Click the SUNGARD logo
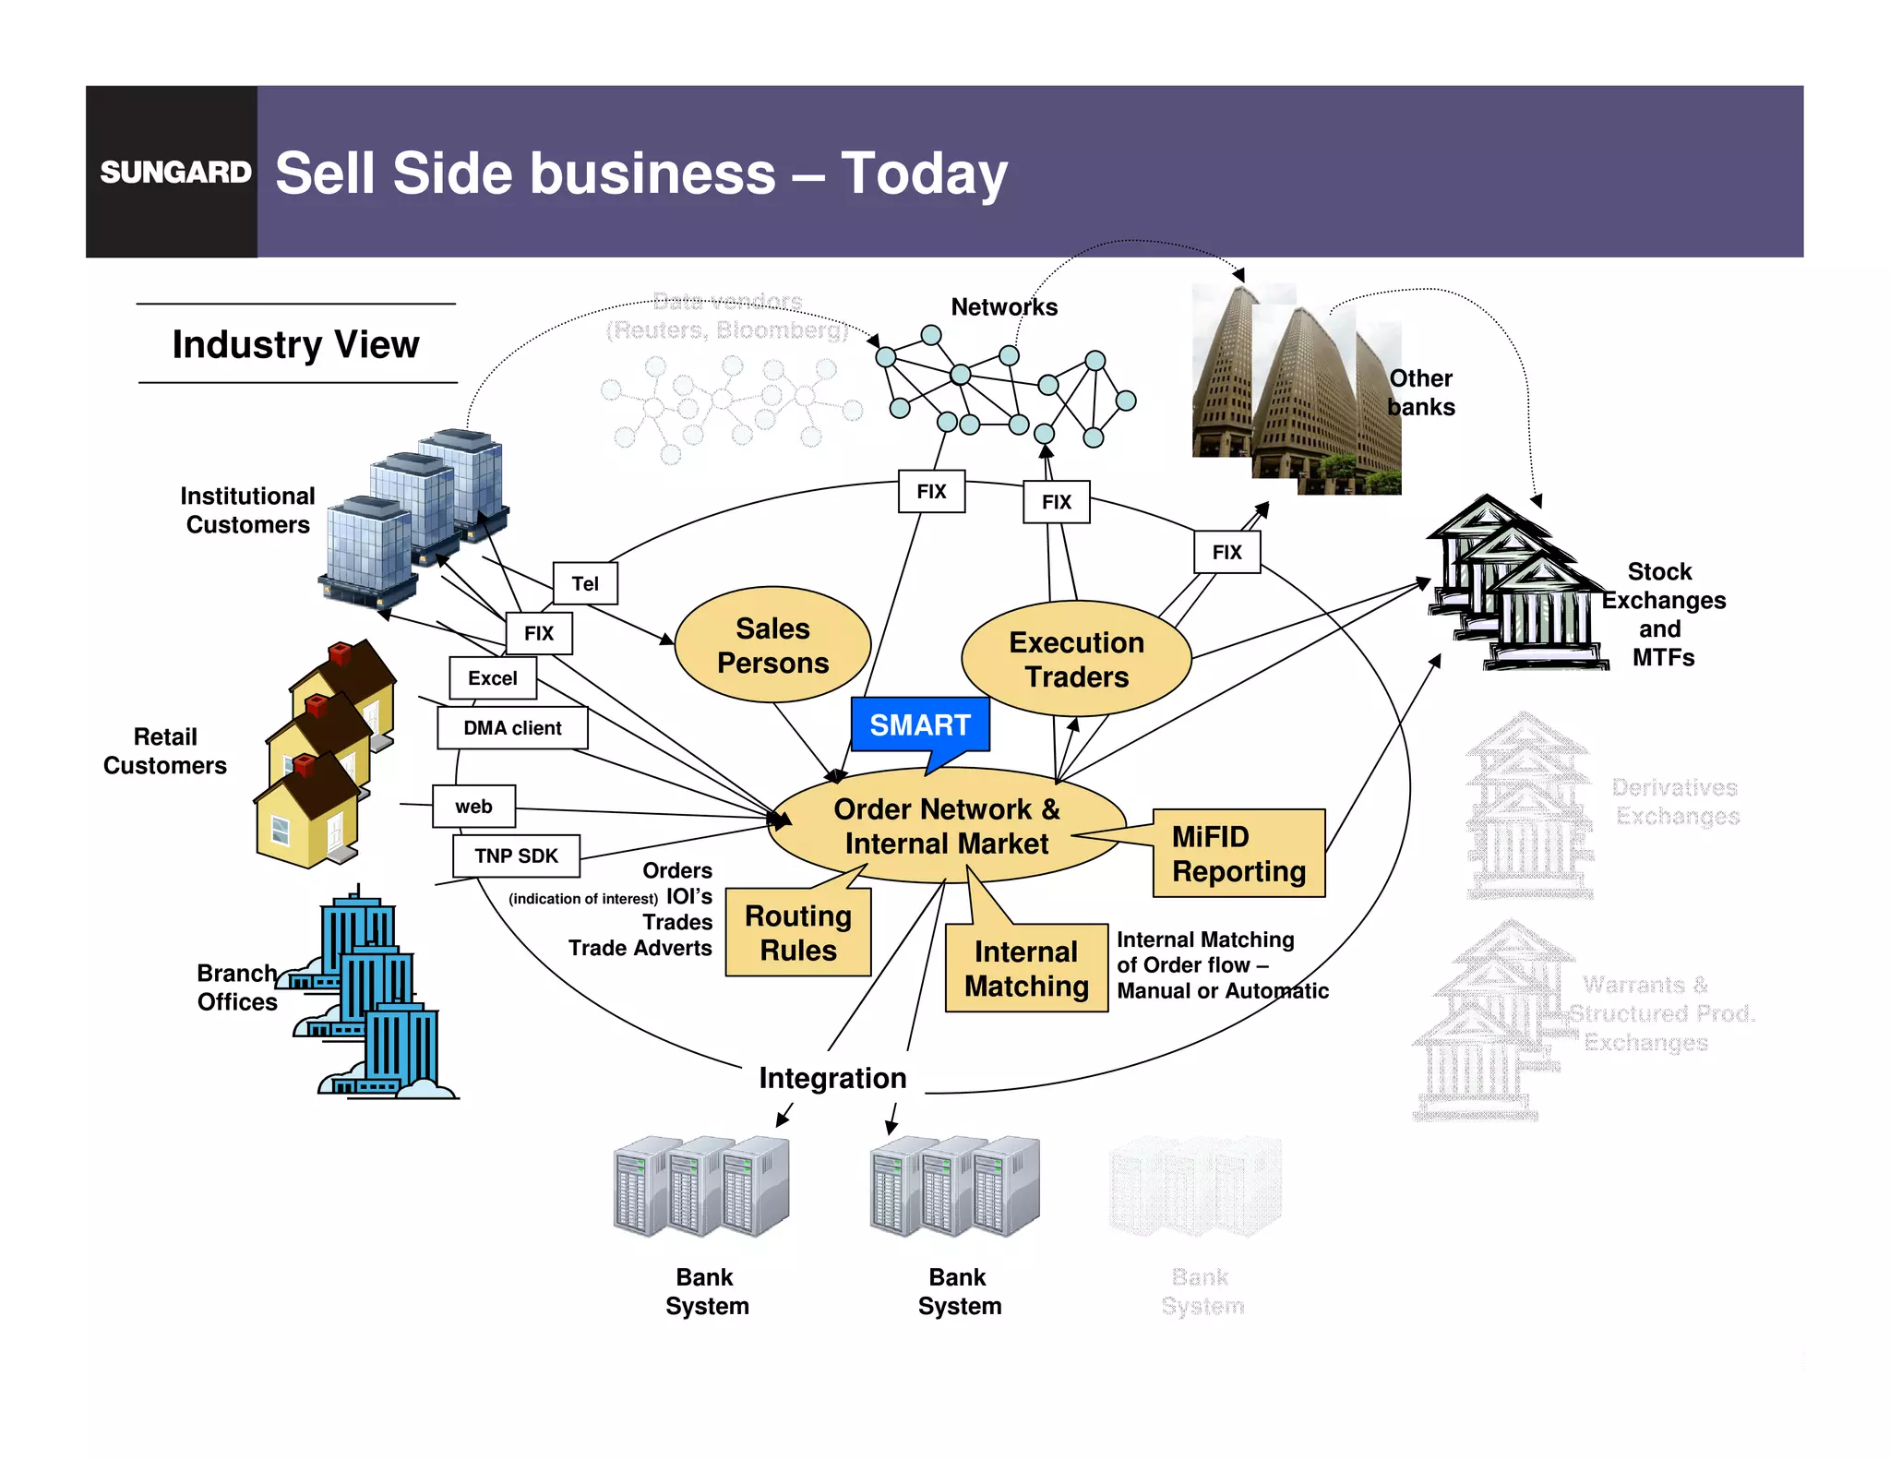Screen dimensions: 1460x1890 tap(174, 172)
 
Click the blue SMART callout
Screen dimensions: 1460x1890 tap(920, 725)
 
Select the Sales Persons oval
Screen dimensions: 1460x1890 tap(772, 645)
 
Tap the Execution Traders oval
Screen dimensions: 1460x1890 tap(1076, 659)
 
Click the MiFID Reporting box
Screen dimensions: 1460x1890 tap(1238, 854)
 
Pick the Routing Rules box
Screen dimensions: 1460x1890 tap(797, 933)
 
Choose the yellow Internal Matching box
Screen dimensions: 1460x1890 tap(1026, 968)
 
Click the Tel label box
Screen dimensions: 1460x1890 tap(585, 583)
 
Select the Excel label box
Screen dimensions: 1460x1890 tap(492, 678)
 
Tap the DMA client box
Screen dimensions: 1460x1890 tap(512, 728)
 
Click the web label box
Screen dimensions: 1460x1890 tap(473, 807)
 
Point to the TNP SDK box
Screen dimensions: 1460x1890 tap(516, 856)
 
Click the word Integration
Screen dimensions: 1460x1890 tap(832, 1078)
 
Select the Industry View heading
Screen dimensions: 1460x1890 tap(295, 344)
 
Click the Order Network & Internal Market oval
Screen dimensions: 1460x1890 tap(946, 826)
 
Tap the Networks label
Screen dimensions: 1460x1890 tap(1004, 307)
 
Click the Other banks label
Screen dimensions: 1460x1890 tap(1421, 392)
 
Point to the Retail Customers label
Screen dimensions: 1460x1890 tap(165, 751)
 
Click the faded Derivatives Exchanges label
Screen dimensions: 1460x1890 tap(1676, 802)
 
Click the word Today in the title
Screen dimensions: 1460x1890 tap(924, 174)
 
